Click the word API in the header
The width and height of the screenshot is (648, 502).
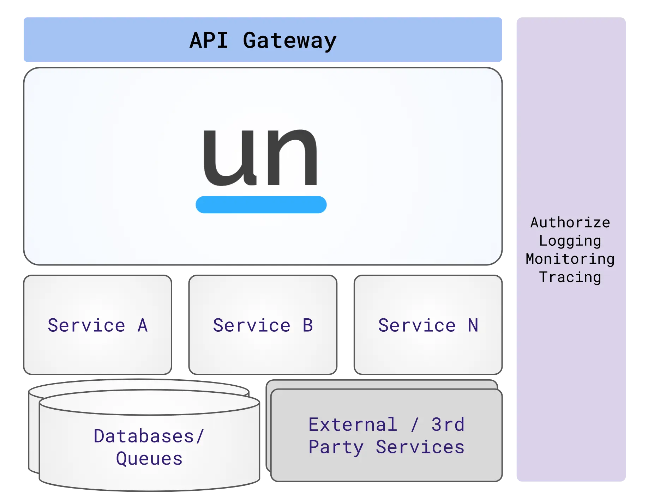click(209, 40)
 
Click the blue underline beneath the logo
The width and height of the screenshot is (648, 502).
click(261, 204)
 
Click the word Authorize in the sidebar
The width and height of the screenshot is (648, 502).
click(570, 222)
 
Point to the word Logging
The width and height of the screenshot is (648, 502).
click(570, 241)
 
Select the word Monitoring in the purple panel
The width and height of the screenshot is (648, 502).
click(570, 259)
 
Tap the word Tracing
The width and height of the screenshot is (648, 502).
click(570, 277)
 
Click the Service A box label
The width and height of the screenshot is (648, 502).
click(97, 325)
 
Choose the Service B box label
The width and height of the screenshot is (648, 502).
click(263, 325)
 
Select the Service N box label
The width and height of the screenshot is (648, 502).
click(428, 325)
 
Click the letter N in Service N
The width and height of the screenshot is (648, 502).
click(473, 325)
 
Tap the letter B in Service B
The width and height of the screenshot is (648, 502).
click(308, 325)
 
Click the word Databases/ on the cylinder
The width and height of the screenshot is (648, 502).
click(149, 436)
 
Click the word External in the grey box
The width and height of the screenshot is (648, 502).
click(353, 424)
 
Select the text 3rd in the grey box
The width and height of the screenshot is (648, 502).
click(448, 424)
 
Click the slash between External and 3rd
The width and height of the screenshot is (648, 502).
click(415, 424)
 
